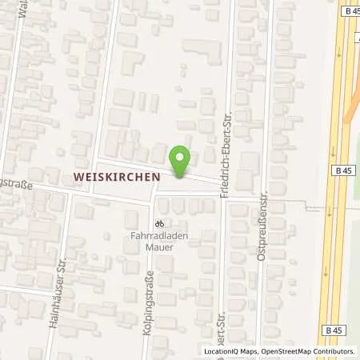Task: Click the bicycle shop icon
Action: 159,224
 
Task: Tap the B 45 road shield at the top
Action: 350,10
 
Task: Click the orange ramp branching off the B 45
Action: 352,104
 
